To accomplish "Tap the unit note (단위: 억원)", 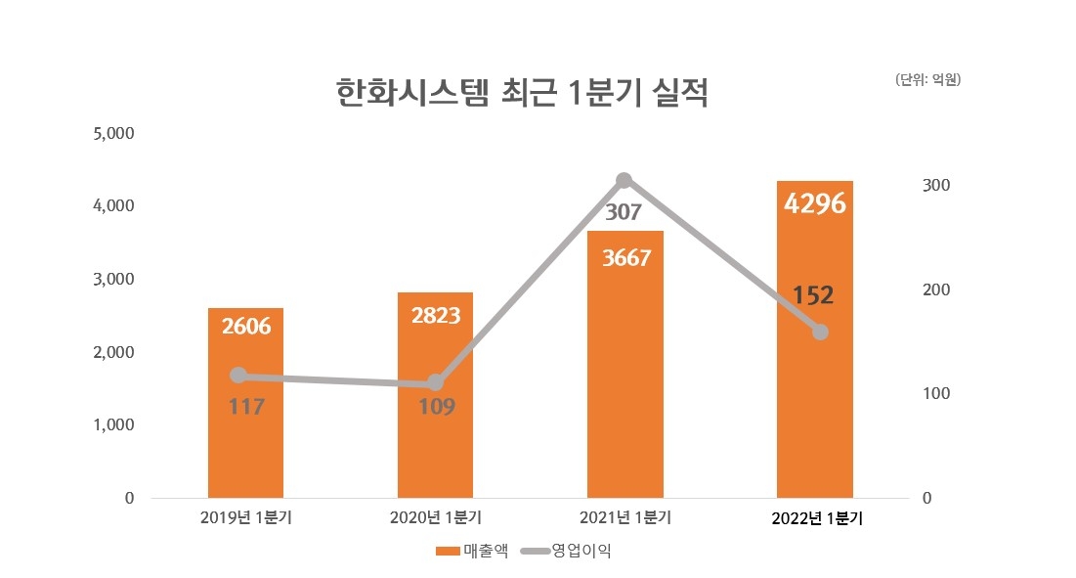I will point(927,80).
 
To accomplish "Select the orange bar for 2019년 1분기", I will point(245,440).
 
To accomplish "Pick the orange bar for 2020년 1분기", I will point(435,450).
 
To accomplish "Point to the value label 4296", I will point(814,204).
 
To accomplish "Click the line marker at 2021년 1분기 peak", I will point(624,180).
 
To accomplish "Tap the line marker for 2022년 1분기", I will point(820,332).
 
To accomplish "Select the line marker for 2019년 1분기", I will point(238,375).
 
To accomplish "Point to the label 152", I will point(813,295).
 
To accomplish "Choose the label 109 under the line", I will point(436,406).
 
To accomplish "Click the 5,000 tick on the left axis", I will point(112,133).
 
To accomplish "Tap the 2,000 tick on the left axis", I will point(112,352).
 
